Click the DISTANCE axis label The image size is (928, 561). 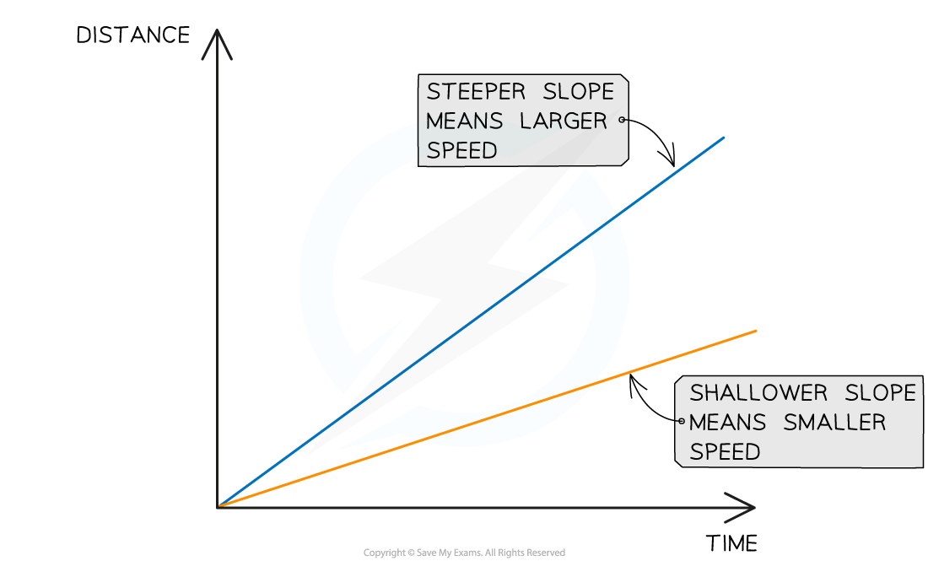132,35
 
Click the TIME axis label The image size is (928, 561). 731,542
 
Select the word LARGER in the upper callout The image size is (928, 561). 564,121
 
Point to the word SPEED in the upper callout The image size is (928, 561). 461,150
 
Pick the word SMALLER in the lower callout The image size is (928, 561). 834,423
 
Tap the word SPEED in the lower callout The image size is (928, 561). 725,452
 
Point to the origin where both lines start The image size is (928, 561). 219,506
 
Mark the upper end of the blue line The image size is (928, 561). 725,136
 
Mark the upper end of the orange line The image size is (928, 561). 757,331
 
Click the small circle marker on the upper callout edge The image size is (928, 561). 623,120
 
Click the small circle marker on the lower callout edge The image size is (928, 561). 680,421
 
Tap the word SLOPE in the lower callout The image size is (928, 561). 880,393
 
